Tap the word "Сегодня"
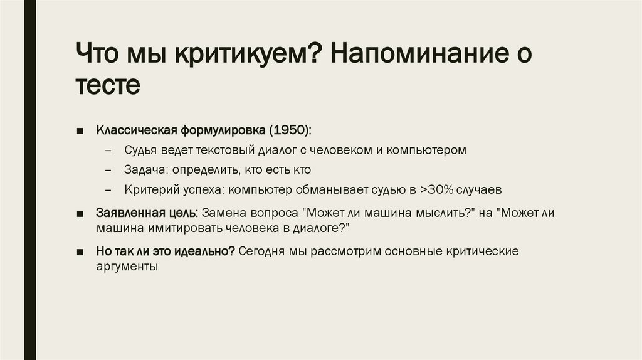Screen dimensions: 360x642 [x=262, y=251]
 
